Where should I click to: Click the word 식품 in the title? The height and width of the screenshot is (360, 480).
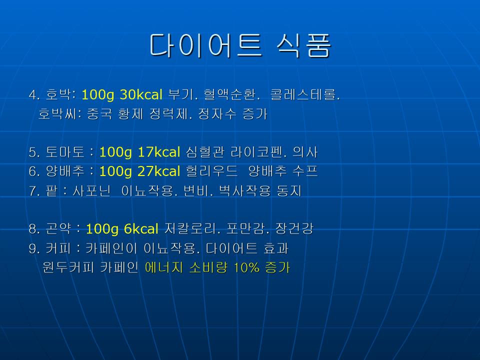304,45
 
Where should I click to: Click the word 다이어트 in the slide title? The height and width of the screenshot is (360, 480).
205,45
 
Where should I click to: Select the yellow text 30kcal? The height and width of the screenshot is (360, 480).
141,94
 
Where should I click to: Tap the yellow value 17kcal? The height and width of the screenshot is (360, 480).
159,152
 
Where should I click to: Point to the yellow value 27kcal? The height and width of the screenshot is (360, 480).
159,171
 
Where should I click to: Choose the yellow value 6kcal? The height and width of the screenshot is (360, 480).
141,228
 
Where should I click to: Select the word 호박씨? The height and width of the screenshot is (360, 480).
59,114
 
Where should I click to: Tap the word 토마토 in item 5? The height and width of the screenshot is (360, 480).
64,152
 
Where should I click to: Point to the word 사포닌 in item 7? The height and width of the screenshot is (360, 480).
91,190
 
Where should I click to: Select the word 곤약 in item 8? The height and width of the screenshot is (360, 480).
58,228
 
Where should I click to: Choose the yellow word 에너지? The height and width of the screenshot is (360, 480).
163,267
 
